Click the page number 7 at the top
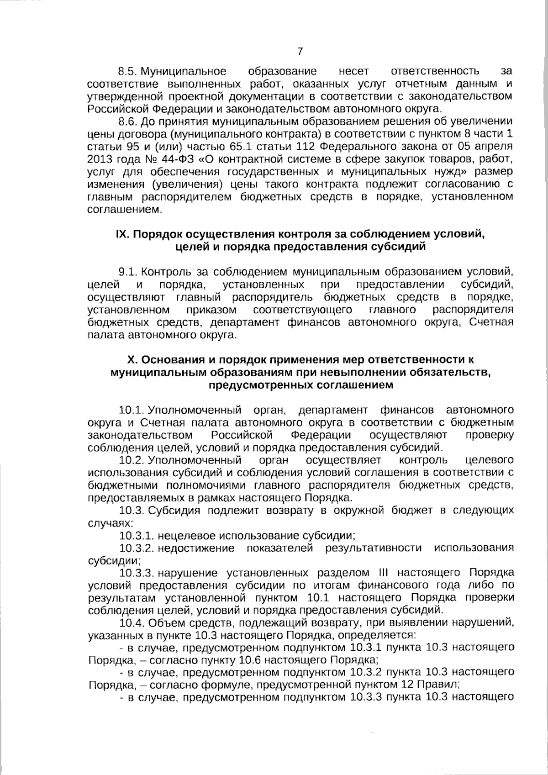(x=300, y=51)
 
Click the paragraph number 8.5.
(x=127, y=71)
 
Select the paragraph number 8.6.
(x=127, y=121)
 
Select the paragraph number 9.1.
(x=127, y=272)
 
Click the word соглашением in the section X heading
(x=355, y=385)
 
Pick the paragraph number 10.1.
(x=132, y=409)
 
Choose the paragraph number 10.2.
(x=132, y=459)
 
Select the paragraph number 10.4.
(x=132, y=622)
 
